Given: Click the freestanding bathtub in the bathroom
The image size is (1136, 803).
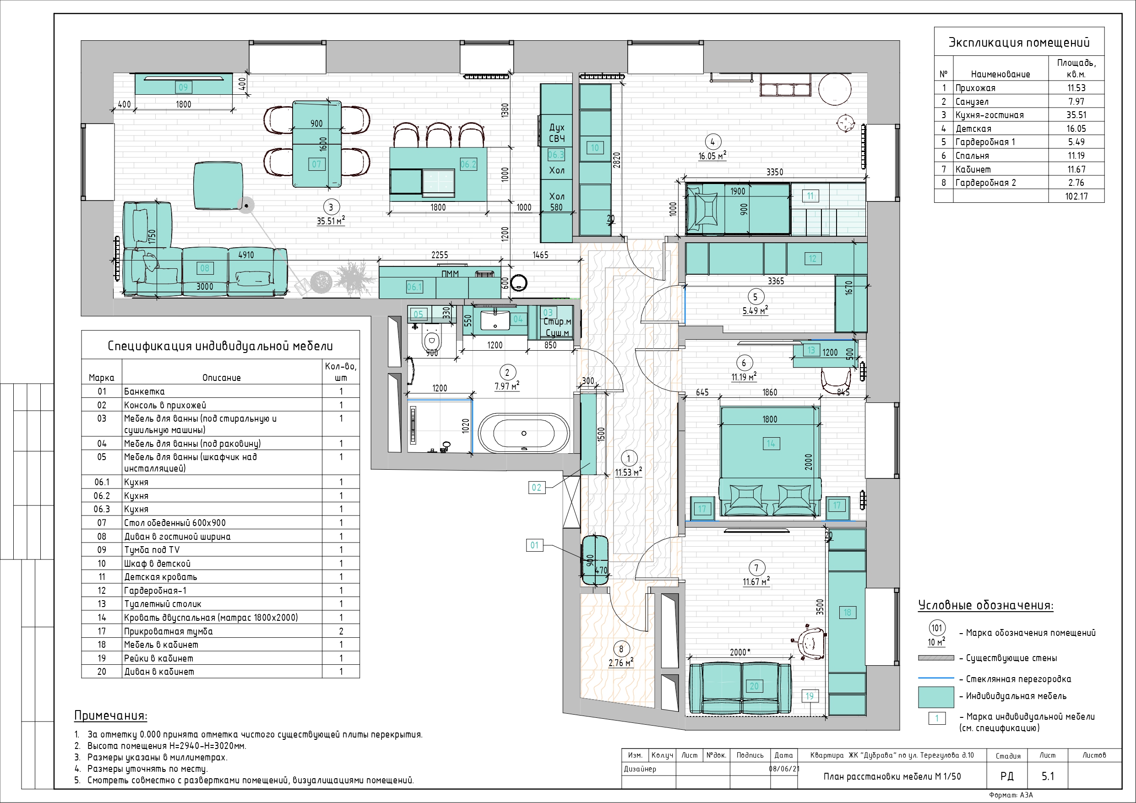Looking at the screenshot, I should coord(523,433).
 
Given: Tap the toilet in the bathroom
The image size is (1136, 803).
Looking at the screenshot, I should coord(431,339).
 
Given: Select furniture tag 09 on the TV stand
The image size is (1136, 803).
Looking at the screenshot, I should coord(183,87).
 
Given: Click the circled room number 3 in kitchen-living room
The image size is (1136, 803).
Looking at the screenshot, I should coord(331,207).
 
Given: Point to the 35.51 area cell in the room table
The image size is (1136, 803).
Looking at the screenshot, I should coord(1076,115).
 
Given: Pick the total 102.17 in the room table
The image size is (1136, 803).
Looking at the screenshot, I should coord(1076,196).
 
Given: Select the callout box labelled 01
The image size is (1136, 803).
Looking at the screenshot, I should coord(534,545).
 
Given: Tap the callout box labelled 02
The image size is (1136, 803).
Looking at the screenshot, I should coord(536,488).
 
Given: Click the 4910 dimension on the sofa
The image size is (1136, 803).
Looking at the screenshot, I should coord(246,255).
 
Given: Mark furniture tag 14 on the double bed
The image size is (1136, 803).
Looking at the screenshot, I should coord(770,444).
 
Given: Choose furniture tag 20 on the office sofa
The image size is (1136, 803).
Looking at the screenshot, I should coord(754,686).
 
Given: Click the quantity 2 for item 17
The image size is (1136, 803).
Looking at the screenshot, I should coord(341,631).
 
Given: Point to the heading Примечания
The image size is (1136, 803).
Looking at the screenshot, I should coord(110,716).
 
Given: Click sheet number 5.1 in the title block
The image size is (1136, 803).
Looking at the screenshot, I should coord(1048,776).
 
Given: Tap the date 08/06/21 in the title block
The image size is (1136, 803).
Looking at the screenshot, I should coord(784,769).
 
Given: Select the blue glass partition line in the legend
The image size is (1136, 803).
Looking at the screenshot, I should coord(935,678).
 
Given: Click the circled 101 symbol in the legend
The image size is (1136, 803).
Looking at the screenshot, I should coord(937,629).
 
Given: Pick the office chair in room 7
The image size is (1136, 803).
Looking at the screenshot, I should coord(810,642).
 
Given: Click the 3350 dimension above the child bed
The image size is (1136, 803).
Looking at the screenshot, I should coord(774,172).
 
